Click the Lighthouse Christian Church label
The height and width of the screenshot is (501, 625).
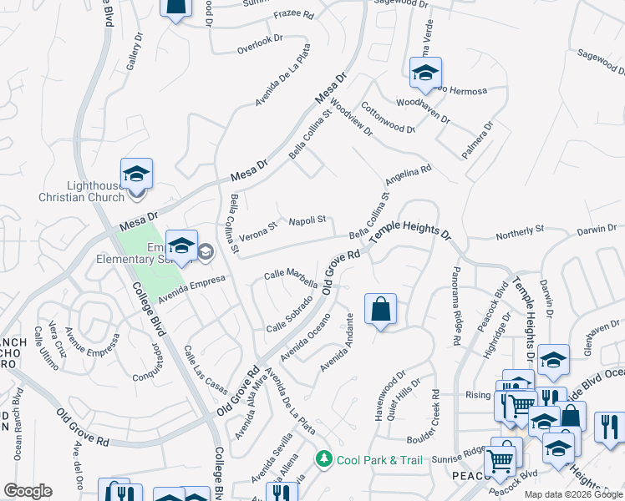tap(82, 191)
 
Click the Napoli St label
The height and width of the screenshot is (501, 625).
tap(307, 220)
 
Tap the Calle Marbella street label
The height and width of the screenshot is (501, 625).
tap(291, 273)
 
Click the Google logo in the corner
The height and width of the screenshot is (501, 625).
tap(28, 491)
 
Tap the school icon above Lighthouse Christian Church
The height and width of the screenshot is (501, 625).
tap(137, 174)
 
